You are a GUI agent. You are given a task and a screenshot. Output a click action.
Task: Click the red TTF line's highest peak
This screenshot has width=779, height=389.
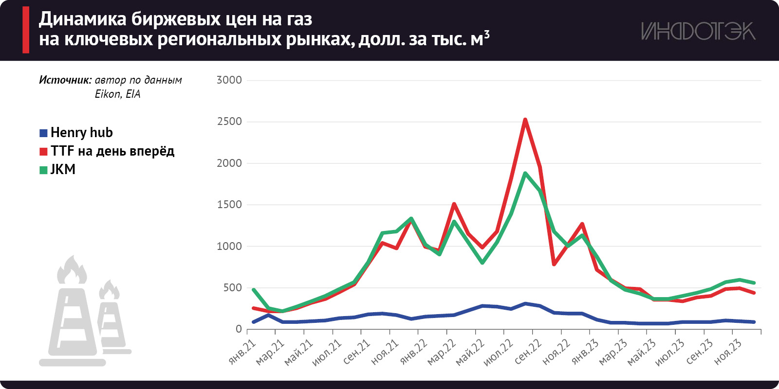(x=525, y=120)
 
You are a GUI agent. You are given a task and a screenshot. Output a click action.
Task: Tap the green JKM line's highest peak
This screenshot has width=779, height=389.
(x=525, y=173)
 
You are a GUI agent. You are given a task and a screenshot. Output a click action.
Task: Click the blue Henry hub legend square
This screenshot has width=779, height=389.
(x=43, y=133)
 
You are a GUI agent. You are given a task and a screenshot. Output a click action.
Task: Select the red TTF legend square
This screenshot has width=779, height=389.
(x=43, y=151)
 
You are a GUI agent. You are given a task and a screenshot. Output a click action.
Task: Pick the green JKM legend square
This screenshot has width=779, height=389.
(x=43, y=170)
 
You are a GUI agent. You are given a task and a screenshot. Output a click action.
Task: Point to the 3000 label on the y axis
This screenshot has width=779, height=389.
(x=229, y=80)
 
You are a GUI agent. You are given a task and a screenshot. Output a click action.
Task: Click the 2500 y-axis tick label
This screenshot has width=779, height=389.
(x=229, y=122)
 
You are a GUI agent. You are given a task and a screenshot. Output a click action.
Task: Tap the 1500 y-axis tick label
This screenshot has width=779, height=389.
(x=229, y=205)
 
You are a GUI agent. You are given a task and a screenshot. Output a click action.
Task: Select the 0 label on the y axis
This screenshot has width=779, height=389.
(x=239, y=329)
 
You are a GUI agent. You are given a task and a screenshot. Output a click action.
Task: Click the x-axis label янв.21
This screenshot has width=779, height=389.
(x=242, y=352)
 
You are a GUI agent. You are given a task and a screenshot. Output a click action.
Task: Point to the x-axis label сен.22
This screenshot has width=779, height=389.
(x=528, y=352)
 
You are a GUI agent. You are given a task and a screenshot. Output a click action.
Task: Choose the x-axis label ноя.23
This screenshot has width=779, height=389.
(x=728, y=352)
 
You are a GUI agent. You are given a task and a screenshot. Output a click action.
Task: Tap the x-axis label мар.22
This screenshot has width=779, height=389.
(x=442, y=352)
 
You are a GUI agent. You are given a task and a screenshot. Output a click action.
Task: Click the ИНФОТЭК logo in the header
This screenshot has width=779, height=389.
(x=698, y=31)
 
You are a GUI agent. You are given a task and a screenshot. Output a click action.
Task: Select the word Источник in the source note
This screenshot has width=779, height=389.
(x=65, y=80)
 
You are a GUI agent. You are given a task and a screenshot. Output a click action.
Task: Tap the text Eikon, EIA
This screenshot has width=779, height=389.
(x=117, y=94)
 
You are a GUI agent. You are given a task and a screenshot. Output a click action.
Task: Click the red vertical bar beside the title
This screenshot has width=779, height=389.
(x=26, y=30)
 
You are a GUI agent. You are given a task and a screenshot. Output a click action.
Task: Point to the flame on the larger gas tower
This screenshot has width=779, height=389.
(x=72, y=270)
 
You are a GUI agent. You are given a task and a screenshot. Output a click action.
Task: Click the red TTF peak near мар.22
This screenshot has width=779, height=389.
(x=454, y=204)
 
